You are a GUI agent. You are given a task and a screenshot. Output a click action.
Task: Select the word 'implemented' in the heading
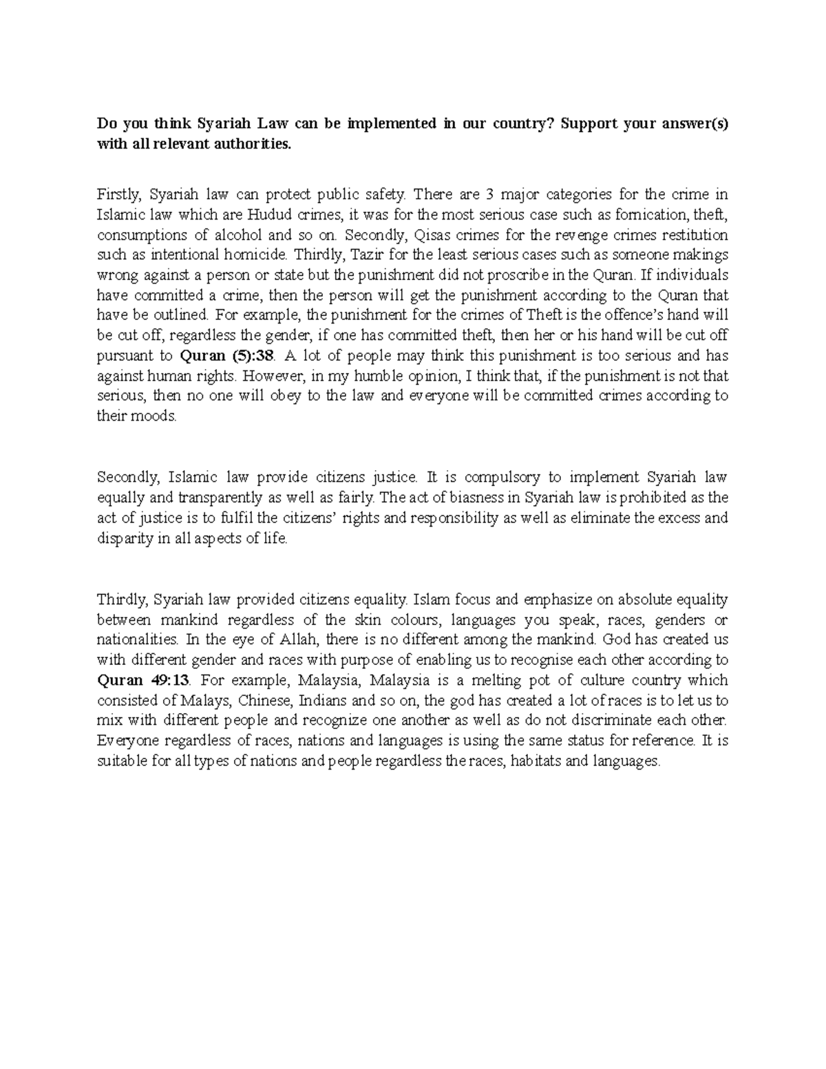(x=392, y=125)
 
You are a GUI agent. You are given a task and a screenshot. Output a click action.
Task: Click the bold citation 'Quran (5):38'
(x=226, y=357)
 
